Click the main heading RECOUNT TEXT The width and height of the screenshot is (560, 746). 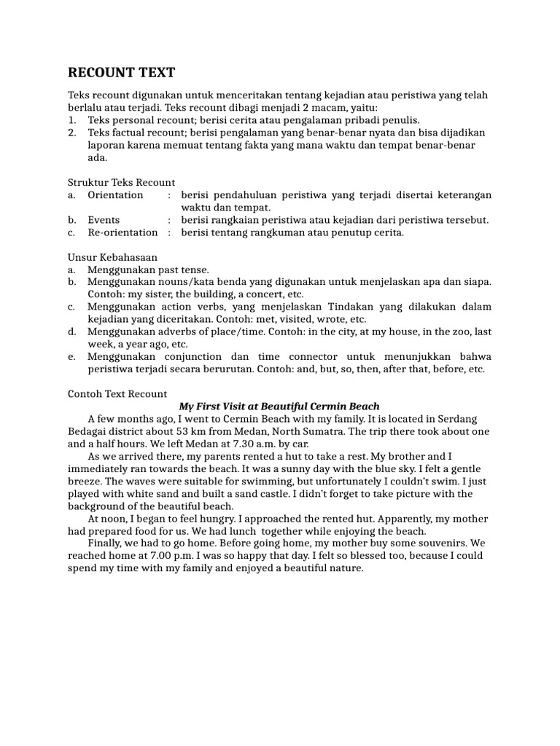tap(122, 73)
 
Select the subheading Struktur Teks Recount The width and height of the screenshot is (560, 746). tap(121, 182)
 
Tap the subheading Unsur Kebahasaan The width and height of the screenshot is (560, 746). tap(112, 257)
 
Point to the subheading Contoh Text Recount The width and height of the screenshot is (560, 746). tap(117, 393)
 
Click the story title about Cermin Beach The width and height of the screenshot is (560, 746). tap(279, 406)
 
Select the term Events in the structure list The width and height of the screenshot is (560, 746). tap(104, 220)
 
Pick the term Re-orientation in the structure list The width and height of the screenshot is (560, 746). tap(122, 232)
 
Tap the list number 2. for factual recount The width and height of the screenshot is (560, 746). tap(72, 133)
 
